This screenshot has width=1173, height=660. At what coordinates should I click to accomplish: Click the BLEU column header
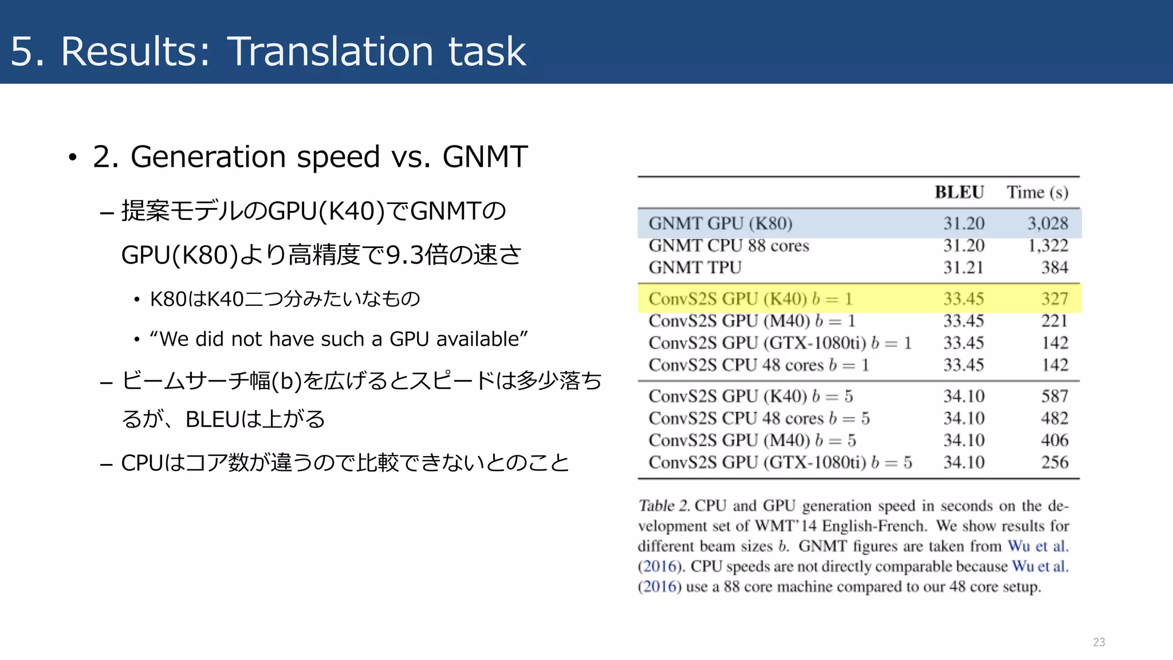[959, 192]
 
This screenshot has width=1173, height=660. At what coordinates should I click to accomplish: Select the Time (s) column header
[1037, 192]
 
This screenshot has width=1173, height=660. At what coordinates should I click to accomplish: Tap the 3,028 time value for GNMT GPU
[1048, 223]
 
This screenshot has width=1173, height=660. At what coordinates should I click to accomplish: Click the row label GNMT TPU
[695, 268]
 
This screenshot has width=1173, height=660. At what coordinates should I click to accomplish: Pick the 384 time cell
[1054, 268]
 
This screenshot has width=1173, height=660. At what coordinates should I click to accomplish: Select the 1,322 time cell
[1048, 246]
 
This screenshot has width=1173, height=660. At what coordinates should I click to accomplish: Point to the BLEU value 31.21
[963, 268]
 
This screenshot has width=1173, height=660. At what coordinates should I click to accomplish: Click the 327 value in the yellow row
[1054, 298]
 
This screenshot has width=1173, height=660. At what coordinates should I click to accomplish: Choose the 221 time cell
[1054, 321]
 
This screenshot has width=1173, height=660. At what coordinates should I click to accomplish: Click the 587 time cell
[1054, 396]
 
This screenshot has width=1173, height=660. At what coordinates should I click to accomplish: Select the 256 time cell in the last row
[1054, 462]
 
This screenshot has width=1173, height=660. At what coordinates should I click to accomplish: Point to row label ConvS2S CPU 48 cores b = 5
[759, 418]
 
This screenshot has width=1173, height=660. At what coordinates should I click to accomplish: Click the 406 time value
[1054, 440]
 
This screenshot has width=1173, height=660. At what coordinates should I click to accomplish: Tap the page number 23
[1099, 642]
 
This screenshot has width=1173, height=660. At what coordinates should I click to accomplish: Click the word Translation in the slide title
[330, 52]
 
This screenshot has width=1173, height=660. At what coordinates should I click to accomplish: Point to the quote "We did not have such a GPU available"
[338, 339]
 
